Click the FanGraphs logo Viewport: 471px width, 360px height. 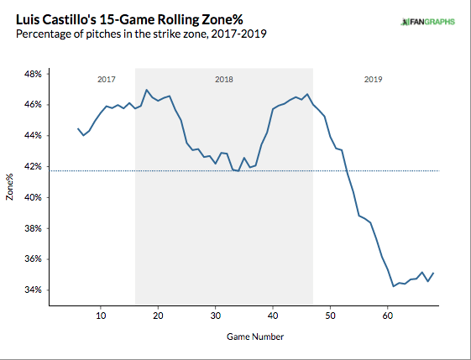coord(428,22)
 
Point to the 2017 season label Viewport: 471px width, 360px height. coord(107,80)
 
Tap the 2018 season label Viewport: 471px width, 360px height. coord(224,80)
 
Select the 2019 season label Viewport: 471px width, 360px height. coord(373,80)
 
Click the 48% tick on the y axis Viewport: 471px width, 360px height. coord(33,74)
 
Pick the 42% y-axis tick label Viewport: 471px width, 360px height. coord(33,167)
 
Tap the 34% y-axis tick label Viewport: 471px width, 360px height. coord(33,290)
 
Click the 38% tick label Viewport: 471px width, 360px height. coord(33,228)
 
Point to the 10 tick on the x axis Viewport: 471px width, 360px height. coord(101,316)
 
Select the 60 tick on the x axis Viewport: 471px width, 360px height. coord(388,316)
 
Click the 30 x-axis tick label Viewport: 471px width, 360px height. coord(216,316)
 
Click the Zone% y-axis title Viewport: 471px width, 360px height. coord(9,187)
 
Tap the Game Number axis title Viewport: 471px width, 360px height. coord(255,337)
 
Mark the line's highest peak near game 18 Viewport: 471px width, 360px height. coord(146,90)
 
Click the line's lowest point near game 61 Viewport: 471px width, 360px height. coord(394,286)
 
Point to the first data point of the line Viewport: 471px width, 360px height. coord(78,128)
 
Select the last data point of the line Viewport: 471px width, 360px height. coord(433,273)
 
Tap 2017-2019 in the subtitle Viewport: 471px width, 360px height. coord(238,34)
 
